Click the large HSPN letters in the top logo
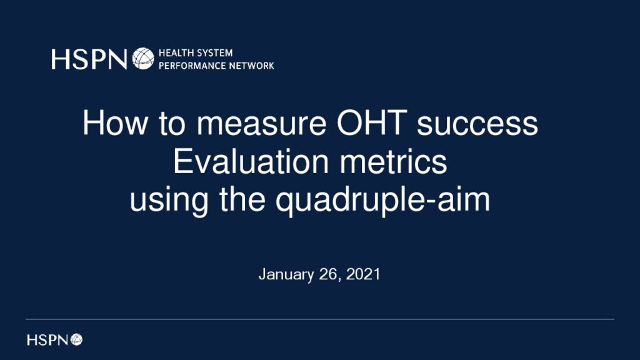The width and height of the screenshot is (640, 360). [x=89, y=59]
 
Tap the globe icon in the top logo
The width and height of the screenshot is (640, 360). [x=143, y=58]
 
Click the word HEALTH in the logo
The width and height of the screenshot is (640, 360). [x=175, y=52]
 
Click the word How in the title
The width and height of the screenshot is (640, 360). [x=116, y=123]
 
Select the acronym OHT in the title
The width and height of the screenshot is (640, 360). [x=372, y=123]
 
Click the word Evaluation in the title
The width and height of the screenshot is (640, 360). [x=251, y=161]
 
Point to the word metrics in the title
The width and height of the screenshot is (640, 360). [x=394, y=161]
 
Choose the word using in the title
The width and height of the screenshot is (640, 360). [x=169, y=201]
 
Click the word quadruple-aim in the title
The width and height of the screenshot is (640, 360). [x=383, y=201]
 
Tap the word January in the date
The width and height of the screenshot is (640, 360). [x=286, y=274]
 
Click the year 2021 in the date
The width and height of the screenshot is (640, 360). [x=363, y=274]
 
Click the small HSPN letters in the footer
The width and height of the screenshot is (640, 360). [x=47, y=339]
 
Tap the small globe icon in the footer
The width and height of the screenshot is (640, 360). [x=76, y=339]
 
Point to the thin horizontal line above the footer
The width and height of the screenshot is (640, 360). [x=320, y=319]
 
